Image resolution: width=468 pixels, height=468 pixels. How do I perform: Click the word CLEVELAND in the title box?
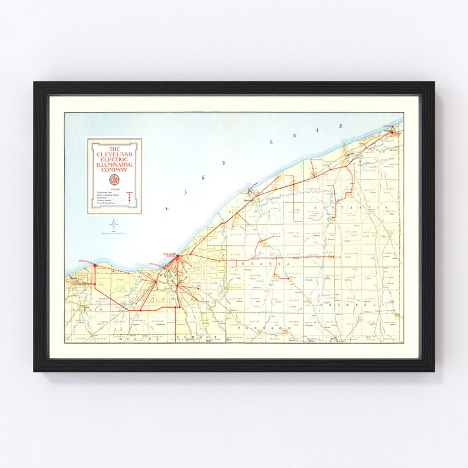tap(114, 155)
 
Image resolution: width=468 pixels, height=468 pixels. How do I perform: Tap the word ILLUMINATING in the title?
tap(114, 164)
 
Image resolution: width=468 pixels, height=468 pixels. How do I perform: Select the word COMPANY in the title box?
tap(114, 170)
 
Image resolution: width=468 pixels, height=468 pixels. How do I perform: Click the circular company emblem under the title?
tap(114, 179)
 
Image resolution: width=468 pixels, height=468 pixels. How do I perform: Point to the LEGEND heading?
tap(114, 190)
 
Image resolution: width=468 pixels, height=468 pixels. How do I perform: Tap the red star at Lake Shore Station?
tap(177, 257)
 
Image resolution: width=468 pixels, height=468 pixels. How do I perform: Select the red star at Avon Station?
tap(94, 266)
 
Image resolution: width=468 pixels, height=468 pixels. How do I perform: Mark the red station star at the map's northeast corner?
tap(393, 130)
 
